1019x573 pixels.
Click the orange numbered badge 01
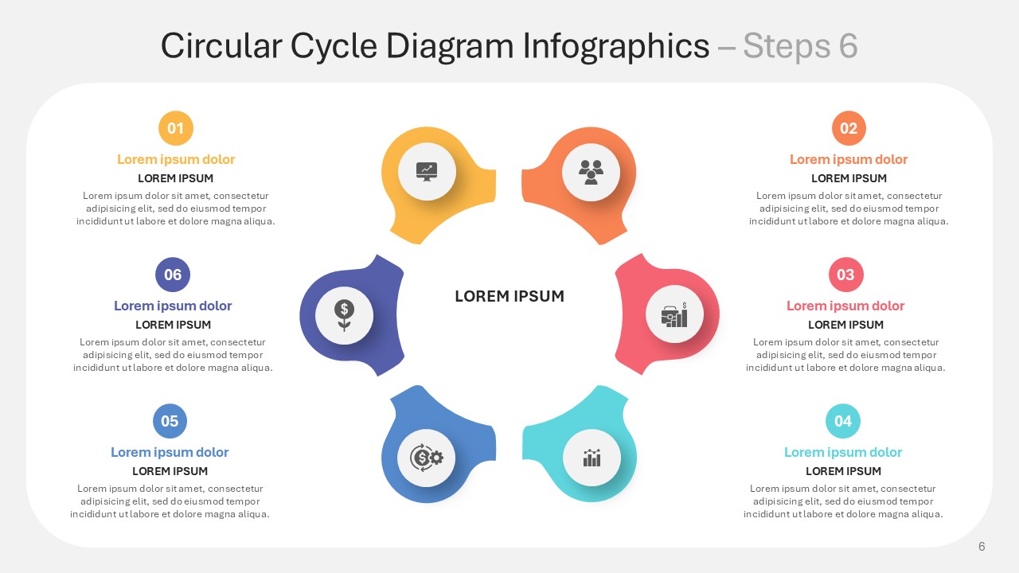pyautogui.click(x=176, y=128)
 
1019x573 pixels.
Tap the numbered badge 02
pyautogui.click(x=849, y=128)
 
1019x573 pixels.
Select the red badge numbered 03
pyautogui.click(x=845, y=275)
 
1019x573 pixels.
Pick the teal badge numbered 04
pyautogui.click(x=843, y=421)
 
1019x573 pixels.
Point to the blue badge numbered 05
pyautogui.click(x=170, y=421)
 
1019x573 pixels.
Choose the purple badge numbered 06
pyautogui.click(x=173, y=275)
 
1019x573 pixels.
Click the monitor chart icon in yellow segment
pyautogui.click(x=427, y=172)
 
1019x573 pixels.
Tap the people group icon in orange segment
pyautogui.click(x=591, y=173)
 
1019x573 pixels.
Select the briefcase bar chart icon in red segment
pyautogui.click(x=674, y=314)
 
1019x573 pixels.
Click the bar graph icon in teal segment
pyautogui.click(x=591, y=458)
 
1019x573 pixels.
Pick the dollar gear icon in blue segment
pyautogui.click(x=426, y=458)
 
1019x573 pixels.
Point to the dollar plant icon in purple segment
pyautogui.click(x=345, y=316)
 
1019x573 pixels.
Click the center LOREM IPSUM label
pyautogui.click(x=509, y=296)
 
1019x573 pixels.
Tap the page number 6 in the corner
pyautogui.click(x=982, y=546)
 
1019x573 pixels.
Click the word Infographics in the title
pyautogui.click(x=616, y=46)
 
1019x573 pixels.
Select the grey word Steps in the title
pyautogui.click(x=787, y=46)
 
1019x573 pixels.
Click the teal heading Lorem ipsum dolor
pyautogui.click(x=843, y=452)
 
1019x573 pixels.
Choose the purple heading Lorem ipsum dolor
pyautogui.click(x=173, y=306)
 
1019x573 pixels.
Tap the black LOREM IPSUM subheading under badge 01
pyautogui.click(x=176, y=178)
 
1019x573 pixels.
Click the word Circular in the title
pyautogui.click(x=221, y=45)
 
